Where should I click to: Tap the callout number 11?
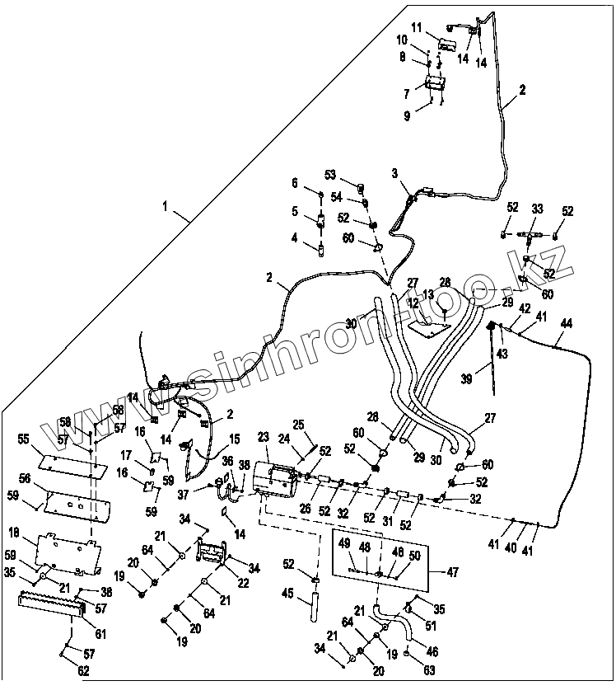point(416,26)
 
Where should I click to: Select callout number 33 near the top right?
point(537,210)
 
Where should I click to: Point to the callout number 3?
point(394,173)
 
